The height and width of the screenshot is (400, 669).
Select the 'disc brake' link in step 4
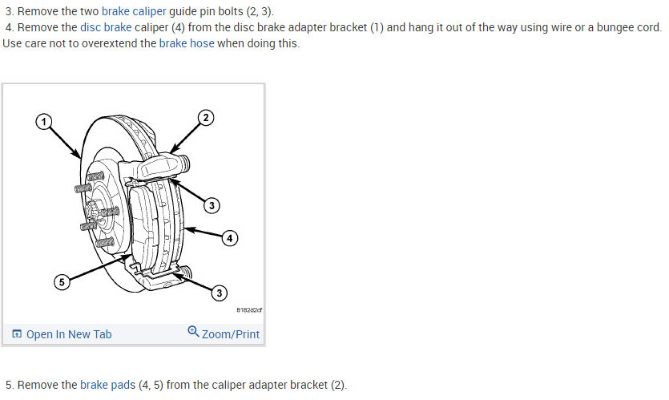pyautogui.click(x=107, y=27)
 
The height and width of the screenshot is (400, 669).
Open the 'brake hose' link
pyautogui.click(x=187, y=42)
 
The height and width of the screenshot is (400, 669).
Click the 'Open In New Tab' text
pyautogui.click(x=69, y=334)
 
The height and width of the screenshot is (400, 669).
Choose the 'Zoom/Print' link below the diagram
pyautogui.click(x=231, y=334)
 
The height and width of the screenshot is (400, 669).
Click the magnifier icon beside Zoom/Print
pyautogui.click(x=193, y=332)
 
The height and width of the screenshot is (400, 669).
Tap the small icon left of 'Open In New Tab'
pyautogui.click(x=17, y=334)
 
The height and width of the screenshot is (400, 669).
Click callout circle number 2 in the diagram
pyautogui.click(x=206, y=118)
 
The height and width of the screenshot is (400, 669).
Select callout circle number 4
pyautogui.click(x=230, y=238)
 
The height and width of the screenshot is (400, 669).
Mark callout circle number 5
pyautogui.click(x=61, y=281)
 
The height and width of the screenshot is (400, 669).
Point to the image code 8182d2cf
pyautogui.click(x=250, y=309)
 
